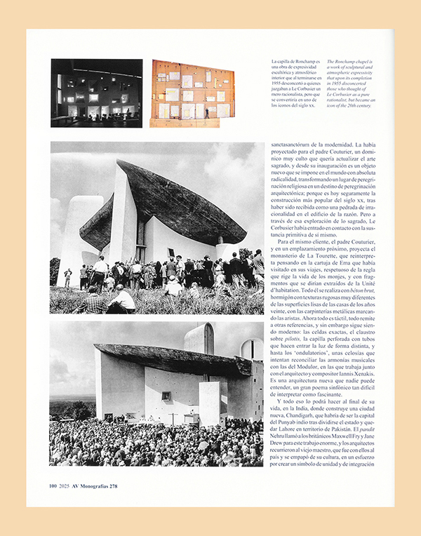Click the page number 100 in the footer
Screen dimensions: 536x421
click(53, 485)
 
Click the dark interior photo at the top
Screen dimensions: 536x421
click(96, 92)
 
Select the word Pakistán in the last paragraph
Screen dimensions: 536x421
click(352, 427)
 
